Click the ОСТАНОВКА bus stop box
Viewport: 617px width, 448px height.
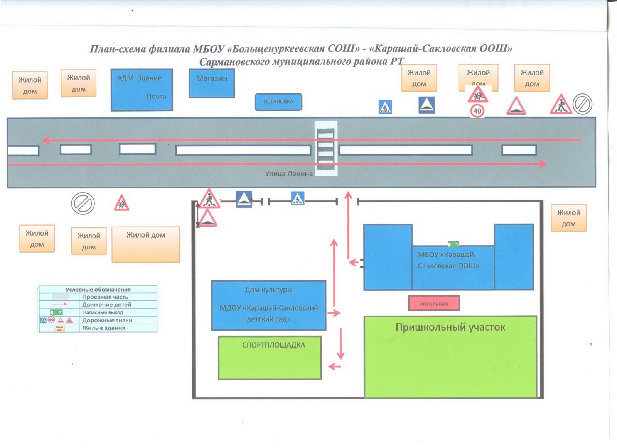(x=278, y=102)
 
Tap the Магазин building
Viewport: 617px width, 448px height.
(x=212, y=83)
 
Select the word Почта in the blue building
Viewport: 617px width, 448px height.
(x=156, y=97)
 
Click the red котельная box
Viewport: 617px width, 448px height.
(x=434, y=304)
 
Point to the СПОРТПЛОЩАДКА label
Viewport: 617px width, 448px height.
(x=273, y=345)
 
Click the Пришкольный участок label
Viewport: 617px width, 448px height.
(x=450, y=328)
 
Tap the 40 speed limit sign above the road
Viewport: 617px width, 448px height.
(x=477, y=111)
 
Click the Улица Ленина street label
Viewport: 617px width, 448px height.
(x=289, y=174)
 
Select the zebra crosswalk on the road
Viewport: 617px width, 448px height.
(x=326, y=149)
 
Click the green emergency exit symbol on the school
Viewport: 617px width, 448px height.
(x=453, y=244)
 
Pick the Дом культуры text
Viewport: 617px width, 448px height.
(x=268, y=290)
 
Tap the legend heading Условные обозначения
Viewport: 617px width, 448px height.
(x=98, y=290)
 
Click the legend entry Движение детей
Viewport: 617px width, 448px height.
(x=106, y=305)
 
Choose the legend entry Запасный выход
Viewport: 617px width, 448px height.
(x=103, y=312)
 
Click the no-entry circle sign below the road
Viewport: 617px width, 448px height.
(x=83, y=204)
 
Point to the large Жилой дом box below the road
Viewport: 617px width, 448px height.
(x=146, y=244)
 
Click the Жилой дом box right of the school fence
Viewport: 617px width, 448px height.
(x=568, y=218)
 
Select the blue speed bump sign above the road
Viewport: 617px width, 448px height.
(x=427, y=105)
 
